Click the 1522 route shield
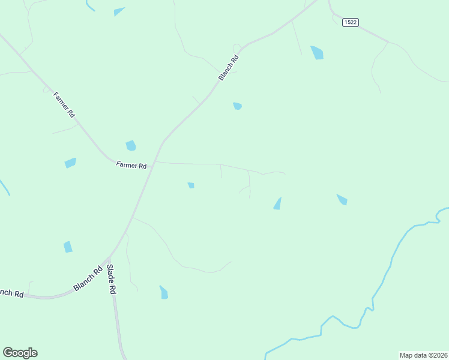pos(351,22)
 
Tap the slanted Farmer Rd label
pos(64,104)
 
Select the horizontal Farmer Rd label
pos(131,165)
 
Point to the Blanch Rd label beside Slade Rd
pos(87,280)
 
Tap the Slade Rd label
pos(111,279)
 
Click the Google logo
pos(20,353)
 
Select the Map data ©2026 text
pos(423,355)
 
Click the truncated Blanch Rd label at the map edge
pos(11,293)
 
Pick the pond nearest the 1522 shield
pos(317,53)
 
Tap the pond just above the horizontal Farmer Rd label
pos(130,145)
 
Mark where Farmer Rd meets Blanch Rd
pos(155,162)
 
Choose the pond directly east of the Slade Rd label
pos(163,293)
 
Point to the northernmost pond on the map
pos(119,11)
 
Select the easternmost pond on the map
pos(342,199)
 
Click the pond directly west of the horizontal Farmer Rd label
pos(70,163)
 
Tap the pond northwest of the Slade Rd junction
pos(68,247)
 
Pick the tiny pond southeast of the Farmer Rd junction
pos(191,185)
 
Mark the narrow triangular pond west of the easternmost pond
pos(278,204)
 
